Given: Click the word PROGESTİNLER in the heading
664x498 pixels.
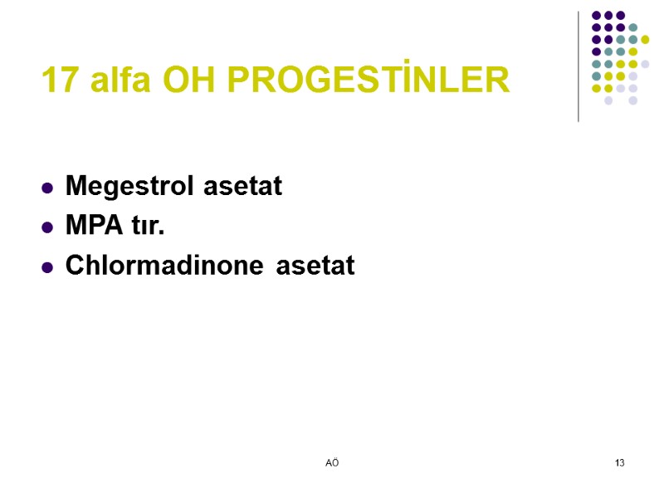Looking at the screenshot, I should click(369, 81).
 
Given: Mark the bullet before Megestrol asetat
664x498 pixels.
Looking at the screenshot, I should click(47, 188).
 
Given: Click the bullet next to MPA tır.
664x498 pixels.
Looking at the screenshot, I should click(47, 227).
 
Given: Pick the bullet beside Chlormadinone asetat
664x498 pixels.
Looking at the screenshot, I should click(47, 266).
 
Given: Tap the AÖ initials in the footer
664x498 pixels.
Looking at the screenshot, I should click(332, 461).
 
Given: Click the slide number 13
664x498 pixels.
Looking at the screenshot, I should click(619, 461).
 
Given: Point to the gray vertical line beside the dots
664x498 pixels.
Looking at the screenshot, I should click(579, 66).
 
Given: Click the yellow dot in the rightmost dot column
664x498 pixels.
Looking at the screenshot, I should click(645, 39).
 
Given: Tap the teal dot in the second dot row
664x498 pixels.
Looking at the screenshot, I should click(632, 27).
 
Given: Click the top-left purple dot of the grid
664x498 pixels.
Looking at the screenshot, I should click(595, 15).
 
